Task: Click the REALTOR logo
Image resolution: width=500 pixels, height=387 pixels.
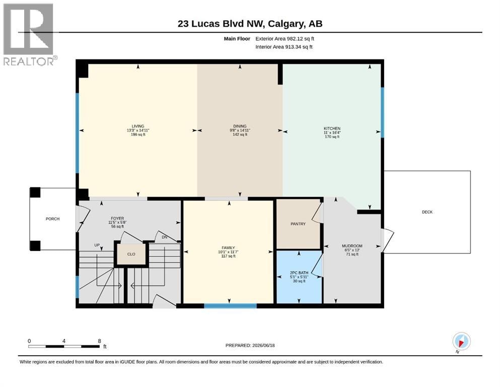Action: tap(29, 34)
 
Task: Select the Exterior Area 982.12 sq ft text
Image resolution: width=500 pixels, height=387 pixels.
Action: tap(285, 39)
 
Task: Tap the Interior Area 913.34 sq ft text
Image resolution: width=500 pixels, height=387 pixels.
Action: tap(284, 47)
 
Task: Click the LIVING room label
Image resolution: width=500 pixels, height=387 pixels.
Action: tap(138, 126)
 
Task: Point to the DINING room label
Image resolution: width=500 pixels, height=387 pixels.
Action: tap(240, 126)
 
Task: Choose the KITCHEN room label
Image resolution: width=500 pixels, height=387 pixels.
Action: tap(332, 128)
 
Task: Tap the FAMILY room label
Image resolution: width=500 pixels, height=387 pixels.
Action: tap(228, 247)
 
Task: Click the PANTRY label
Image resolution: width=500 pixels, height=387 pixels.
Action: tap(298, 224)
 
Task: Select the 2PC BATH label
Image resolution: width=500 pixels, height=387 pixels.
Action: tap(299, 273)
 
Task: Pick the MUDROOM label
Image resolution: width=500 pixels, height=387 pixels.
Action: tap(352, 246)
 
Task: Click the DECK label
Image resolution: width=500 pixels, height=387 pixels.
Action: tap(427, 212)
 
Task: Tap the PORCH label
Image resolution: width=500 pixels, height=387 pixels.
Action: tap(52, 219)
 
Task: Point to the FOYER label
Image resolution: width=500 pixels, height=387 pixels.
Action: tap(118, 218)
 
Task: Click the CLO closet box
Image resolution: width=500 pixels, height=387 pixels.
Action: tap(131, 254)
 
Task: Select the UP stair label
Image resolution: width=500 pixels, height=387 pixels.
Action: tap(97, 245)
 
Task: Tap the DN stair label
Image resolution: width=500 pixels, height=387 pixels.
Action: tap(165, 237)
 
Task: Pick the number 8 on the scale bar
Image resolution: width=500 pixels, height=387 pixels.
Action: tap(100, 341)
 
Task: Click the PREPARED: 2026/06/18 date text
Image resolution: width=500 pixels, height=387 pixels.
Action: tap(250, 345)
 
